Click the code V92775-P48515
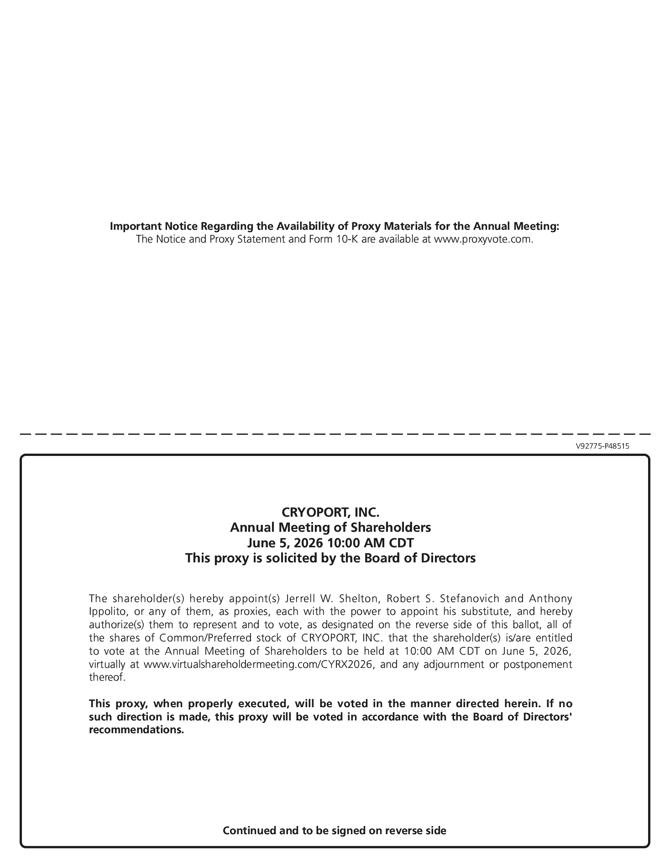pyautogui.click(x=602, y=446)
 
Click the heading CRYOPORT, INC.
pyautogui.click(x=330, y=512)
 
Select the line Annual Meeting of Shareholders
pyautogui.click(x=330, y=527)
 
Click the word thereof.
pyautogui.click(x=106, y=677)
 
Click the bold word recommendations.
pyautogui.click(x=136, y=730)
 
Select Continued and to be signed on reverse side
pyautogui.click(x=334, y=830)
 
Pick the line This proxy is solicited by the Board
pyautogui.click(x=330, y=558)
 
